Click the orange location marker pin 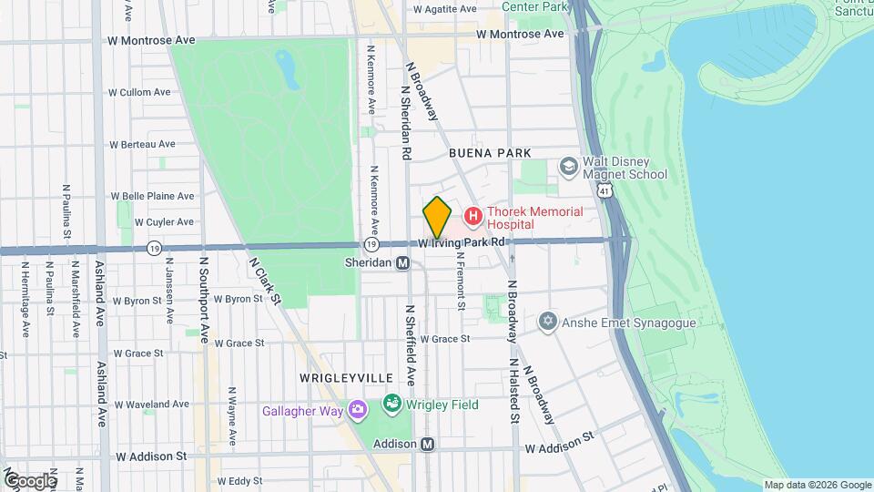pyautogui.click(x=437, y=217)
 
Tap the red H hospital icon pyautogui.click(x=473, y=217)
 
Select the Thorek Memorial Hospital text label pyautogui.click(x=534, y=217)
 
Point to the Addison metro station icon pyautogui.click(x=428, y=444)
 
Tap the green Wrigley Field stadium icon pyautogui.click(x=392, y=403)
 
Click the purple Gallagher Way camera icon pyautogui.click(x=357, y=411)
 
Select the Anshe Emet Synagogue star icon pyautogui.click(x=547, y=321)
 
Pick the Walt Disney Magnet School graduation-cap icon pyautogui.click(x=569, y=167)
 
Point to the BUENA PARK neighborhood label pyautogui.click(x=490, y=154)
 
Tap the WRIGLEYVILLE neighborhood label pyautogui.click(x=346, y=377)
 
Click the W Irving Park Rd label pyautogui.click(x=462, y=243)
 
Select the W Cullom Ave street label pyautogui.click(x=139, y=92)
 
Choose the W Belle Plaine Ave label pyautogui.click(x=152, y=196)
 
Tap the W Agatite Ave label pyautogui.click(x=444, y=9)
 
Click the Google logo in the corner pyautogui.click(x=30, y=480)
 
